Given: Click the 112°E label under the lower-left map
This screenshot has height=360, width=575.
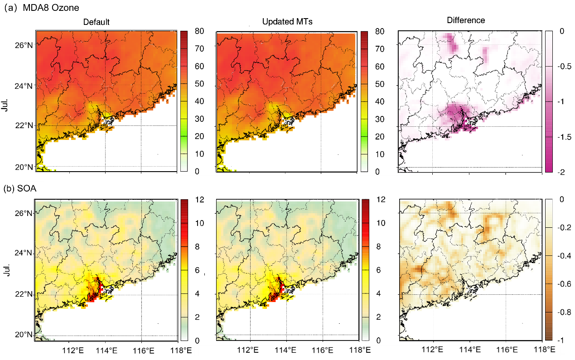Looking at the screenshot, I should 72,350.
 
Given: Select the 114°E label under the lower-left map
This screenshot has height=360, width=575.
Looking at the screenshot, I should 106,350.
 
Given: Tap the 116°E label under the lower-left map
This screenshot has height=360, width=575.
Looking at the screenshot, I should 144,350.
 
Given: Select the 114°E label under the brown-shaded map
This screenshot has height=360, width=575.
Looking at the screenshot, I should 470,350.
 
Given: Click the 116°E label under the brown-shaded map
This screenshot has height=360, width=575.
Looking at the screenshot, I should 507,350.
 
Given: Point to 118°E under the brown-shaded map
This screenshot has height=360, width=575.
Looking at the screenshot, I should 545,350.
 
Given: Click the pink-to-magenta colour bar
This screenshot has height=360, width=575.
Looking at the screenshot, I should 549,101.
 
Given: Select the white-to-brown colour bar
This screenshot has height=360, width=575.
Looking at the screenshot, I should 549,270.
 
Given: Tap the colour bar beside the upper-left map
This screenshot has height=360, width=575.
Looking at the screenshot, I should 184,101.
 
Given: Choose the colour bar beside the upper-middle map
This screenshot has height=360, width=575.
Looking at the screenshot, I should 364,101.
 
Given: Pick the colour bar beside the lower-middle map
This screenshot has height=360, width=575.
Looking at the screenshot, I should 365,270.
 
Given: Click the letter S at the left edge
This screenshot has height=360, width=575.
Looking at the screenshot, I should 20,188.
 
